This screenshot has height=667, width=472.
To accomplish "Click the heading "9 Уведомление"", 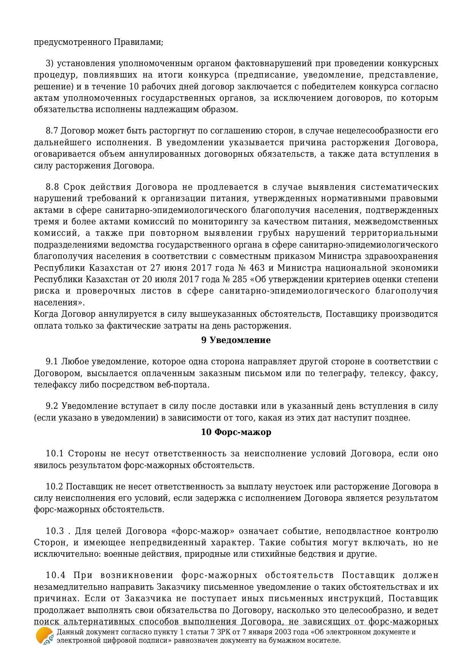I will pyautogui.click(x=236, y=340).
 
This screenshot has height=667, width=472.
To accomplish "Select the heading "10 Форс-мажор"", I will pyautogui.click(x=236, y=432).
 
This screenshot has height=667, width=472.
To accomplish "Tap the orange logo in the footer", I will pyautogui.click(x=44, y=636).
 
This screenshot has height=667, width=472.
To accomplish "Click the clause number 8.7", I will pyautogui.click(x=52, y=131).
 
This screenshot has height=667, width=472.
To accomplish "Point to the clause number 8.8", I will pyautogui.click(x=52, y=187).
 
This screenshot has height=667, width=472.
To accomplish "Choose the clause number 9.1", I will pyautogui.click(x=52, y=362).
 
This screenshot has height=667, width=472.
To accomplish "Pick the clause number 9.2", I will pyautogui.click(x=52, y=406).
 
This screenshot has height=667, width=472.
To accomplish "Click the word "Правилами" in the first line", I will pyautogui.click(x=138, y=42).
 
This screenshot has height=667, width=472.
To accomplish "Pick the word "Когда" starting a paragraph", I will pyautogui.click(x=46, y=314).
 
